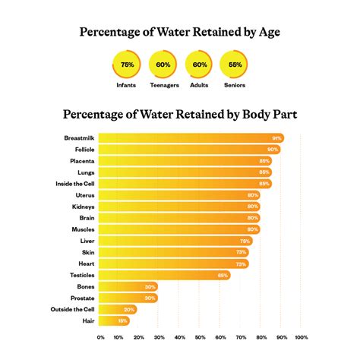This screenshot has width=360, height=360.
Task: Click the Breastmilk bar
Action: (x=190, y=138)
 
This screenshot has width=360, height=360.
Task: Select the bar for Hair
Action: (x=114, y=321)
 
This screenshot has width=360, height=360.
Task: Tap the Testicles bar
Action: (x=163, y=275)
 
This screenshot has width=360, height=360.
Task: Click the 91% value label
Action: (x=277, y=138)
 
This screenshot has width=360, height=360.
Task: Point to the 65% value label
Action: (x=223, y=275)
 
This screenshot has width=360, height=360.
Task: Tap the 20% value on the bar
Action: (x=129, y=309)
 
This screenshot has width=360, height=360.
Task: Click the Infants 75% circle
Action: (x=126, y=65)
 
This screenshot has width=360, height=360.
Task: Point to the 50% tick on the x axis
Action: (x=201, y=337)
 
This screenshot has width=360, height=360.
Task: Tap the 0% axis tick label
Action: (x=101, y=337)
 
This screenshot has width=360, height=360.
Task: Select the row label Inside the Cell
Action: (x=74, y=184)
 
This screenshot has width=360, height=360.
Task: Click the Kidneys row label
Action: (x=83, y=207)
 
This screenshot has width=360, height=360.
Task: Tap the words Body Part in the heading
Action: (x=269, y=115)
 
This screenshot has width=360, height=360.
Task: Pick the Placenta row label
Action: (x=82, y=161)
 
